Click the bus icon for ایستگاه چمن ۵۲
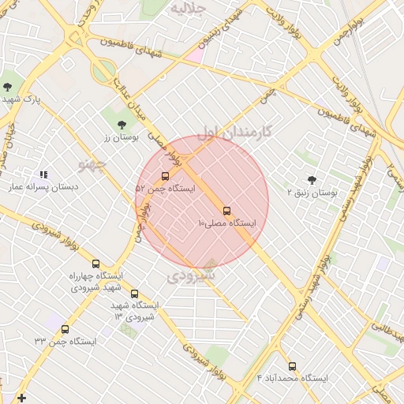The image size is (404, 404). tap(165, 176)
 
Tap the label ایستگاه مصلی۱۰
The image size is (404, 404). tap(227, 224)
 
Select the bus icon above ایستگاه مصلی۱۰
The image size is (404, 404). tap(227, 211)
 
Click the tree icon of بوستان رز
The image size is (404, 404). tap(121, 125)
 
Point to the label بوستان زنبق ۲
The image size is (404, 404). tap(312, 192)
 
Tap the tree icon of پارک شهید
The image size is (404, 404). tap(8, 86)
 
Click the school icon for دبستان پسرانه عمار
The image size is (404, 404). tap(43, 174)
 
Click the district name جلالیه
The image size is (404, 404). tap(189, 9)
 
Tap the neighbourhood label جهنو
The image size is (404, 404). tap(92, 164)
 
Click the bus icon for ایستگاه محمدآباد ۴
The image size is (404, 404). tap(293, 366)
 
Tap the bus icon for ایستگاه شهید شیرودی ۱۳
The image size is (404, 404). tap(134, 294)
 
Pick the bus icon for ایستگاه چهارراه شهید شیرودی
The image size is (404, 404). tap(96, 264)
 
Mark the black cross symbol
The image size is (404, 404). tap(21, 397)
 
